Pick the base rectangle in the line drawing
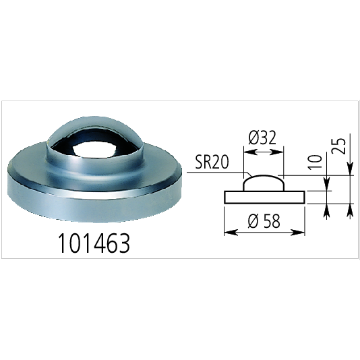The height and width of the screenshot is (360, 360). (x=264, y=196)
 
